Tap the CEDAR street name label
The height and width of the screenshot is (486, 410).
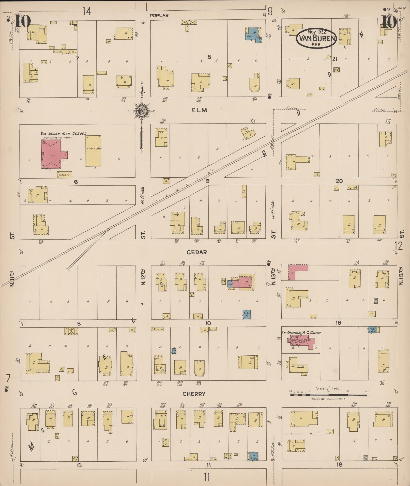[197, 252]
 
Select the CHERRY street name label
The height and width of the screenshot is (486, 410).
[194, 394]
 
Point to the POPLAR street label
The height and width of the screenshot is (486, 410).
[159, 15]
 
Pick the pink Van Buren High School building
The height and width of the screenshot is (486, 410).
[52, 154]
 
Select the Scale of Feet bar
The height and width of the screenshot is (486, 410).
[328, 395]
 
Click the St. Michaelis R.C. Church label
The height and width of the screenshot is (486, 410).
[301, 333]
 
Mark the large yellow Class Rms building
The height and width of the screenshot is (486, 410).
[94, 151]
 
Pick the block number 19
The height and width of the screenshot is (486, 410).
[338, 323]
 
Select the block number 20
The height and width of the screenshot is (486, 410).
[339, 181]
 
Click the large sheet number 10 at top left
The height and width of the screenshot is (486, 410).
[23, 21]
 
